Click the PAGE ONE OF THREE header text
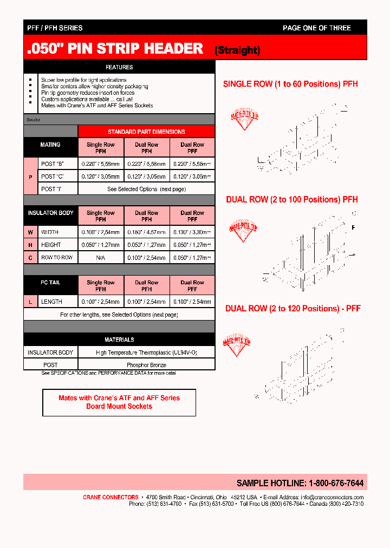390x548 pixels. point(316,28)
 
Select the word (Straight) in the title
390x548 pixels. point(237,50)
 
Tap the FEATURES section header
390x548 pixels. point(119,67)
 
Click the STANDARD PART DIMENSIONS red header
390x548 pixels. point(146,132)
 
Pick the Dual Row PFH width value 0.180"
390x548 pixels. point(146,232)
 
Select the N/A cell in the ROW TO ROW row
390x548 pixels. point(101,258)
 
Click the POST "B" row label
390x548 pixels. point(52,163)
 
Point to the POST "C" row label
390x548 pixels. point(52,177)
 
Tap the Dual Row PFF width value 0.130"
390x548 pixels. point(192,232)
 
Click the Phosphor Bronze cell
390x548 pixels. point(146,365)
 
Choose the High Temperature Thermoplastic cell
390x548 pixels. point(146,353)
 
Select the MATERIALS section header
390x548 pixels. point(119,340)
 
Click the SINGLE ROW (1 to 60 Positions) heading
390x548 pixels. point(290,84)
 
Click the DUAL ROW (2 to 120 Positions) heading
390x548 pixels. point(292,309)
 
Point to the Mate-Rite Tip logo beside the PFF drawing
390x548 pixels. point(237,344)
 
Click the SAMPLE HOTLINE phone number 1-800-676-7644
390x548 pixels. point(336,483)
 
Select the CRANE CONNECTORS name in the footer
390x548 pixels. point(110,497)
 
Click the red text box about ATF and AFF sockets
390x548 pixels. point(119,402)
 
